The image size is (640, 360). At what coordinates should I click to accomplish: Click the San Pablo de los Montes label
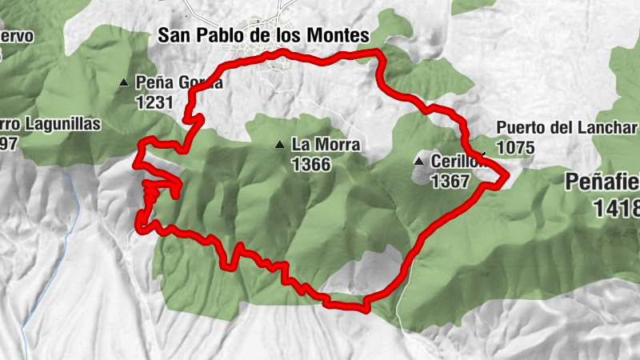tap(263, 35)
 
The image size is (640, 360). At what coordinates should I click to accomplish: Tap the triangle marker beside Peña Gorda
tap(123, 82)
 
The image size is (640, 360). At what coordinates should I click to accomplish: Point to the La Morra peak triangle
tap(279, 145)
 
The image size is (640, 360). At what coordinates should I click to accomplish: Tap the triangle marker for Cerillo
tap(418, 162)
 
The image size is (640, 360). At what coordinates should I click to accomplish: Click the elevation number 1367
tap(450, 182)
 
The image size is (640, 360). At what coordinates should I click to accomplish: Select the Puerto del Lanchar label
tap(566, 128)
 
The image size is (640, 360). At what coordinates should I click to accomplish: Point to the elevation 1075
tap(516, 147)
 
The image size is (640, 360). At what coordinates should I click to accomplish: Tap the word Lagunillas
tap(61, 124)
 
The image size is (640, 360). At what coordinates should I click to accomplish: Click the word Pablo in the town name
tap(218, 35)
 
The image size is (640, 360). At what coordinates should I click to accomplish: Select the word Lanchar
tap(610, 128)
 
